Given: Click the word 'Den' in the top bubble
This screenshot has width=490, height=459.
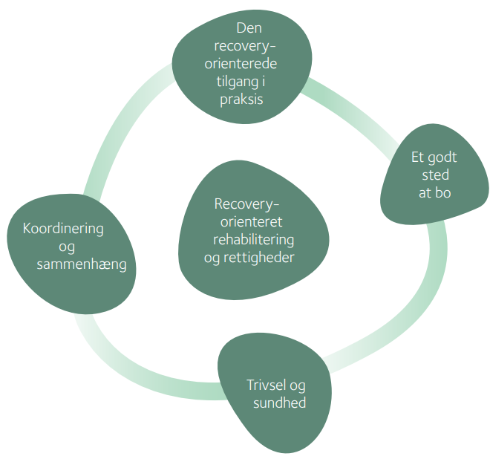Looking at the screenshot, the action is pos(249,28).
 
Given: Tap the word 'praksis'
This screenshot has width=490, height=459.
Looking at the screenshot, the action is pos(241,100).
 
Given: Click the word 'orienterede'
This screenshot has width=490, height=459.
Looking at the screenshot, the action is pos(241,64).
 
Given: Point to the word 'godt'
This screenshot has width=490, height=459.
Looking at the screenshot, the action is pos(443,157).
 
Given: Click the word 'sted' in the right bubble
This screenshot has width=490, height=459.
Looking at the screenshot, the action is pos(436,175).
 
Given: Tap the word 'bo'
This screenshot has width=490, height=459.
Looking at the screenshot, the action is pos(444,192).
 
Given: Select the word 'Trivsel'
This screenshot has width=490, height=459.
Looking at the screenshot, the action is pos(266,385).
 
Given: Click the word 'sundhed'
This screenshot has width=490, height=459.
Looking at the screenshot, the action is pos(280,403).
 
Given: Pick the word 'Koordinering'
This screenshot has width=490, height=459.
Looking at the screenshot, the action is pos(63,229).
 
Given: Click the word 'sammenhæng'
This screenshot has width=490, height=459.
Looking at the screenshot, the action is pos(82,264).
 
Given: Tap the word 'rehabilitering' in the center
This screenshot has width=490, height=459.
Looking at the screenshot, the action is pos(253,240).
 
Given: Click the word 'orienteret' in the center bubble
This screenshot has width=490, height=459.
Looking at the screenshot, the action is pos(251,222).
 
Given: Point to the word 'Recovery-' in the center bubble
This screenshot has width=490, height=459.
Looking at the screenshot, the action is pos(247,204).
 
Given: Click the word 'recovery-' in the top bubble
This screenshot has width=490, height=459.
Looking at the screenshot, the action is pos(245,46).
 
